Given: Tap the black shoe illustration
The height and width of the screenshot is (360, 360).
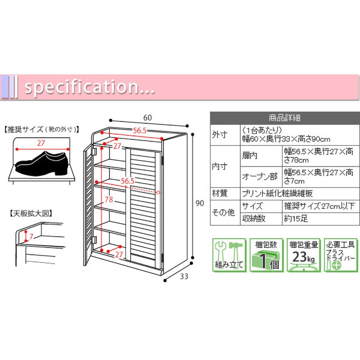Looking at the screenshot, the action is pos(42,163).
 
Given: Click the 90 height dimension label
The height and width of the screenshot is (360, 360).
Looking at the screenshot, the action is pos(199,203).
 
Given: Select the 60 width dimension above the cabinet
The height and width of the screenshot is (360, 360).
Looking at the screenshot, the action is pos(148,117).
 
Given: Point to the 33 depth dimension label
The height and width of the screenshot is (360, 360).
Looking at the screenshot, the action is pos(184,276).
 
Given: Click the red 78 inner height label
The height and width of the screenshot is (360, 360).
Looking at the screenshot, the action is pos(109,199).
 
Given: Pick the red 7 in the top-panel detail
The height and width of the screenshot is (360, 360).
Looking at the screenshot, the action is pos(31,236).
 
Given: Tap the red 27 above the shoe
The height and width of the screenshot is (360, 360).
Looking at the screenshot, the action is pos(41,143).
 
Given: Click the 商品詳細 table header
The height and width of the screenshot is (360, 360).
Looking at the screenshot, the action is pos(285,118).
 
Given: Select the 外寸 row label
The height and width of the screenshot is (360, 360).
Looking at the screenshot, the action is pos(220,134).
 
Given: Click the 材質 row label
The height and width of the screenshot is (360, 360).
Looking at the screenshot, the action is pos(220,193).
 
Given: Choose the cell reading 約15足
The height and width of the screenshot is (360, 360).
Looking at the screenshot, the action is pos(296,219).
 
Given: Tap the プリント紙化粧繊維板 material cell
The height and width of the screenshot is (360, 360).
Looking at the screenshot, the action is pos(277,193).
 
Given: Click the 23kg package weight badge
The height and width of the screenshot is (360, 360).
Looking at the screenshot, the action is pos(303,255).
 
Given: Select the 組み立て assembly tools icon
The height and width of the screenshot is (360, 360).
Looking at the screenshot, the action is pos(229,255).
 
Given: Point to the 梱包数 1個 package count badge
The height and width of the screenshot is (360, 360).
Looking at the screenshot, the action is pos(266,255).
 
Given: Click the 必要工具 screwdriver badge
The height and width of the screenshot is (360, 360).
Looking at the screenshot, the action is pos(341,255).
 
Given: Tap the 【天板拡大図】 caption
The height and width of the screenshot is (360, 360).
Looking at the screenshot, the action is pos(31,213).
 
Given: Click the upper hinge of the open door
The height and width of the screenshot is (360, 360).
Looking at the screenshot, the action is pos(94,151).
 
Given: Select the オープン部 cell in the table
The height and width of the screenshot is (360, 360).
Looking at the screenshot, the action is pos(260,176).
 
